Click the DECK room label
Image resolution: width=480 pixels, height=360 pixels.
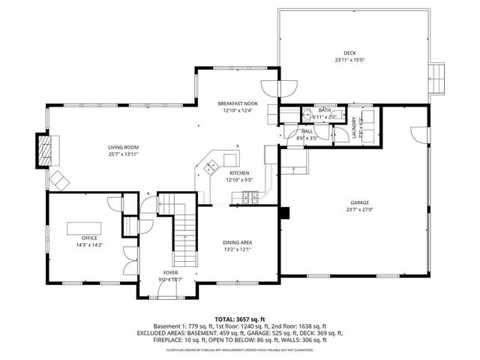coord(350,53)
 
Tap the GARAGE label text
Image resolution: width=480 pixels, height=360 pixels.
coord(359,203)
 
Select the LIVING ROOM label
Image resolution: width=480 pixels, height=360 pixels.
coord(123,148)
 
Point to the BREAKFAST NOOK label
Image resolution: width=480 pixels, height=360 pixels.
coord(237,103)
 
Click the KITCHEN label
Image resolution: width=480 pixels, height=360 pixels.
coord(239,173)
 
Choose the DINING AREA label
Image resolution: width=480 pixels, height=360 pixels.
coord(237,242)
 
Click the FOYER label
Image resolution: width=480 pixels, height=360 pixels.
coord(171,272)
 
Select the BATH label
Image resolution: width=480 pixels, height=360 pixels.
coord(324,110)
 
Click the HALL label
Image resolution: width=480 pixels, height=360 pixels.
coord(307,131)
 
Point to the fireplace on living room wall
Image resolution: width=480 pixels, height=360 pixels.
coord(46,150)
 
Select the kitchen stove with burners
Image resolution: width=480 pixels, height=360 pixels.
coord(250,198)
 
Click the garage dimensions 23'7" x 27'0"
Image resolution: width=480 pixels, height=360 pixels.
coord(359,210)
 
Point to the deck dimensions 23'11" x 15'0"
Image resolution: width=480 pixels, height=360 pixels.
coord(350,60)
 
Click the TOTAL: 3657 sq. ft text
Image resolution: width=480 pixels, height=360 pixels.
coord(239,319)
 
